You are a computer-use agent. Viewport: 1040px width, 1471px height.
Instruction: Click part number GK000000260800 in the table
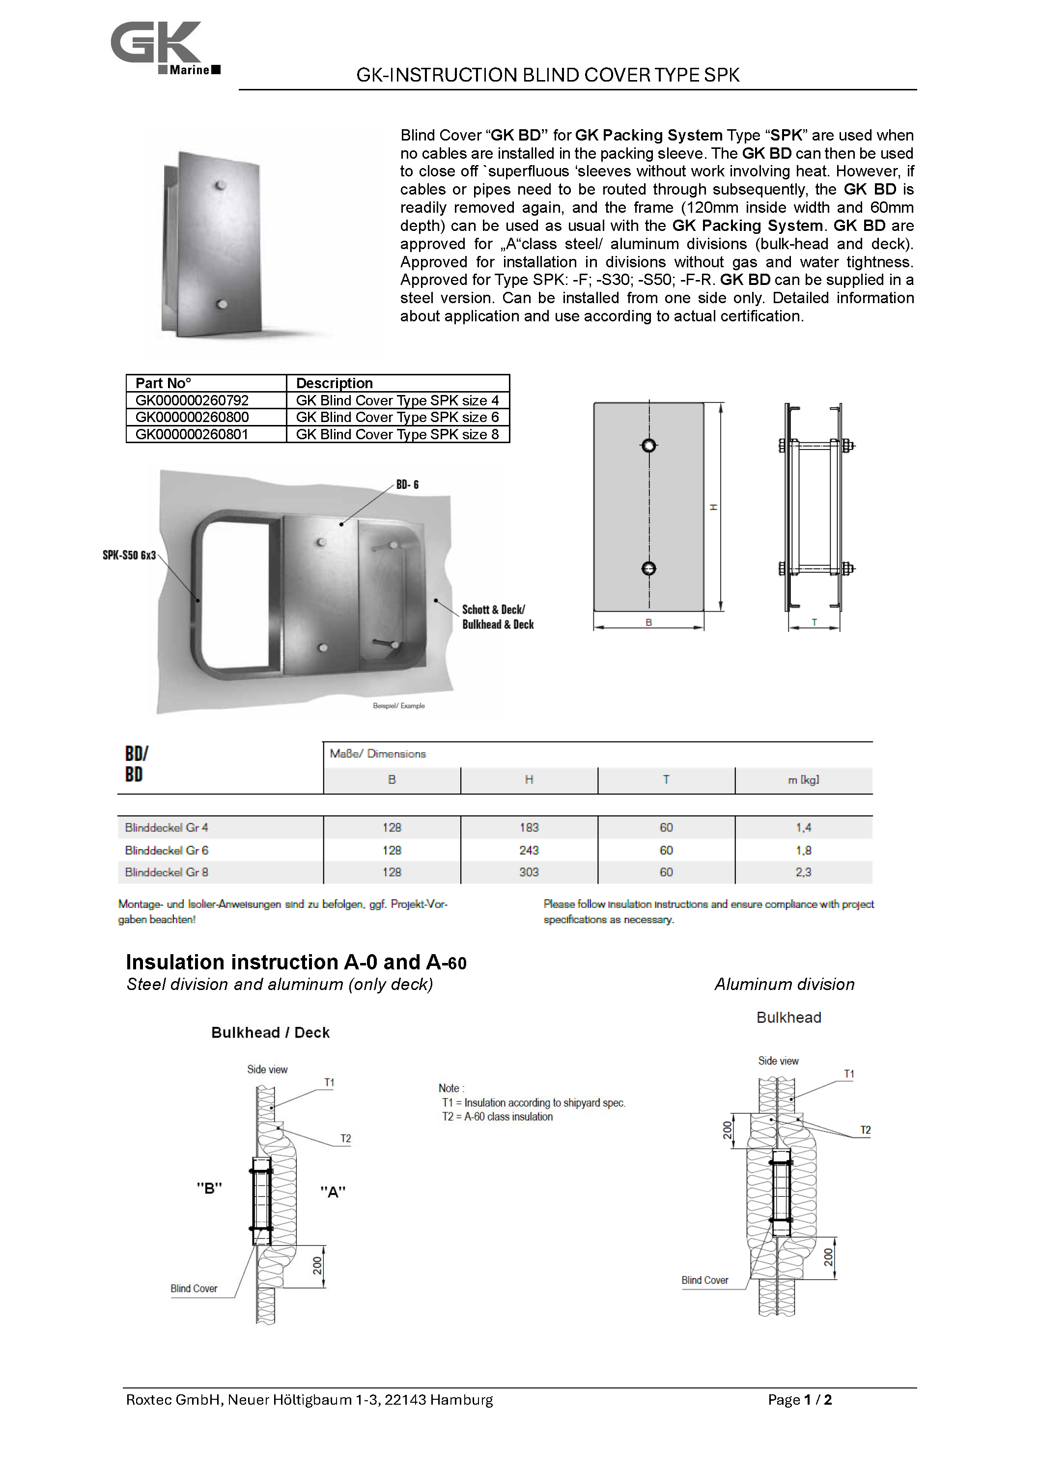point(192,417)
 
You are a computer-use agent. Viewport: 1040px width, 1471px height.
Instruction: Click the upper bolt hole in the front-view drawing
point(648,445)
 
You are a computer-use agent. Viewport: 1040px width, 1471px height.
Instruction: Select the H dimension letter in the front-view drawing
point(713,507)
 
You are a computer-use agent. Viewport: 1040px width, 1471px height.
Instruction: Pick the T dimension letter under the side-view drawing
point(814,622)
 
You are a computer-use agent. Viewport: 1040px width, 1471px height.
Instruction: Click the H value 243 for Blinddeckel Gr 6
point(529,850)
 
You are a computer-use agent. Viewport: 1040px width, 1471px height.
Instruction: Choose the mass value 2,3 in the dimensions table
point(803,872)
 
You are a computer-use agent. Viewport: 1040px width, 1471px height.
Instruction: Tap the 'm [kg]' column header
point(803,780)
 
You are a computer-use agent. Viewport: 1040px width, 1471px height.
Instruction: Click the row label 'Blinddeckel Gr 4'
point(167,828)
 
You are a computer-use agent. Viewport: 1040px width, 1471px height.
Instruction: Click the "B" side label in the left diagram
point(209,1188)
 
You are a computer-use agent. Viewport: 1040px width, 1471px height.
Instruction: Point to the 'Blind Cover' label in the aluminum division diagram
point(704,1280)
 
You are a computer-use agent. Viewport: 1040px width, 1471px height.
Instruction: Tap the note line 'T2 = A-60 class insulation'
point(497,1116)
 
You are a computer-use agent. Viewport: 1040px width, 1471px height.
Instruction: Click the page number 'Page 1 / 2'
point(799,1400)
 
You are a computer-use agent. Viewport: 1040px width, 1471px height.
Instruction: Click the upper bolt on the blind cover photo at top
point(220,186)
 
